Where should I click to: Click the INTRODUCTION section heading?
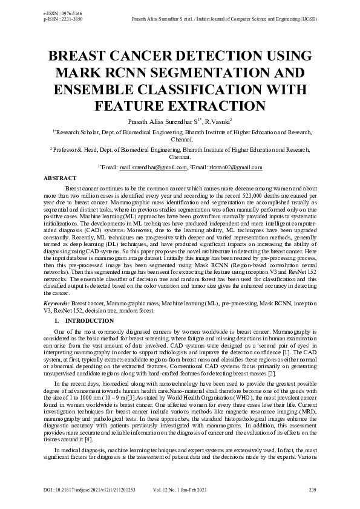click(89, 320)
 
